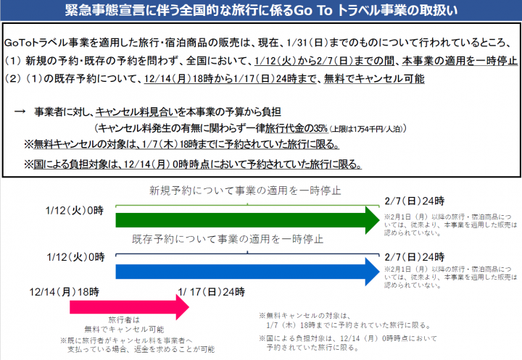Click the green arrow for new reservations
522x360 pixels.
pos(247,220)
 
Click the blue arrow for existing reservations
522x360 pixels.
pos(247,272)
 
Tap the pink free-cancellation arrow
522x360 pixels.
pos(129,307)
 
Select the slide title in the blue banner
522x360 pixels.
pos(261,11)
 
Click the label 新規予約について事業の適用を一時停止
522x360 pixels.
pos(245,191)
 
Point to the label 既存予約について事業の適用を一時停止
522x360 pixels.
pos(228,239)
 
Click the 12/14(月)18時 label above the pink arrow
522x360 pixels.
pos(65,292)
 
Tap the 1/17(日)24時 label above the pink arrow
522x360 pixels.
pos(212,292)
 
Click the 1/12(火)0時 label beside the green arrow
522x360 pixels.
pos(75,211)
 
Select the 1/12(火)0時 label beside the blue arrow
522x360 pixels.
pos(75,257)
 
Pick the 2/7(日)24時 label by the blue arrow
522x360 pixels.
pos(415,257)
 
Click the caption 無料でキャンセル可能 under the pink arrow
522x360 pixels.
pos(124,330)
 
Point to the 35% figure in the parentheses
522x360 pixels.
pos(321,128)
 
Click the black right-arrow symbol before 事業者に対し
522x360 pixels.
pos(20,112)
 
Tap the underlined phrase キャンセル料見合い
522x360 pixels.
pos(136,112)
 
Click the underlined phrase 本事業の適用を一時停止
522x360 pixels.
pos(460,61)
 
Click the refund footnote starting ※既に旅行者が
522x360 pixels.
pos(138,345)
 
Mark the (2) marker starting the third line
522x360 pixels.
pos(12,78)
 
